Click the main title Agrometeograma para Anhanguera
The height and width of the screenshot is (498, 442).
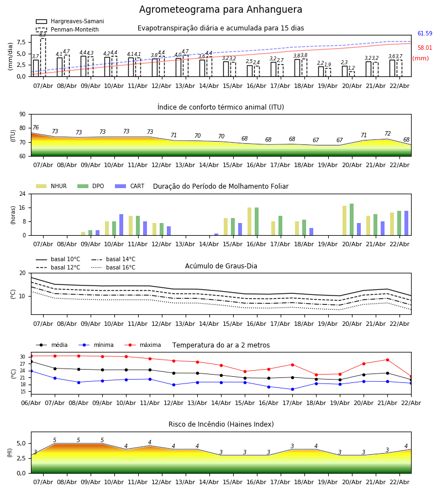pos(220,10)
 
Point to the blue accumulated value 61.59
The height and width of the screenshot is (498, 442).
pos(424,34)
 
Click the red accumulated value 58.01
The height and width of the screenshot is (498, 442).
pos(424,48)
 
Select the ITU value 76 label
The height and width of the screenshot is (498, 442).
pos(35,128)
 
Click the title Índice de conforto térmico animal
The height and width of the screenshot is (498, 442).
pos(220,107)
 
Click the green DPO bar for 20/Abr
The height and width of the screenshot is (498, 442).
pos(351,220)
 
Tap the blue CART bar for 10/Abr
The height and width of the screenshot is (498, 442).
pos(121,225)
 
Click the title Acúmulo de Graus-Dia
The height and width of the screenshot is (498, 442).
pos(221,266)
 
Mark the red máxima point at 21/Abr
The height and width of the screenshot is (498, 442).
pos(387,360)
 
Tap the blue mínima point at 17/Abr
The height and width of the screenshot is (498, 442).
pos(292,389)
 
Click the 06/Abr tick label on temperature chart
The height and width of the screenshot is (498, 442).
pos(31,402)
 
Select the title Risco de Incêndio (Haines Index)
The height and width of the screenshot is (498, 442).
pos(221,424)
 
